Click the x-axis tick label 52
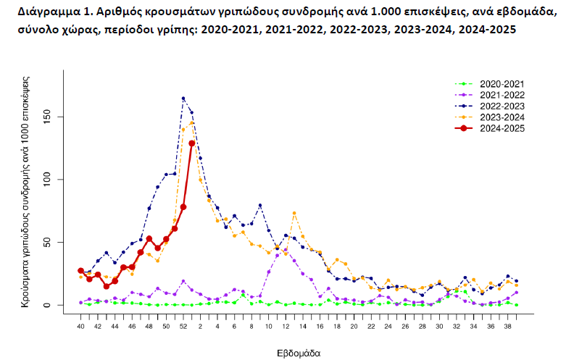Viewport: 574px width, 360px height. (183, 327)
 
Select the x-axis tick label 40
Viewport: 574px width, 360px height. (80, 327)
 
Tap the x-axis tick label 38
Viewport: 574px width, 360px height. (507, 327)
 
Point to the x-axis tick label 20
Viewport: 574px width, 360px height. (354, 327)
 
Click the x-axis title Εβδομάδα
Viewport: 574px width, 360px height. (298, 353)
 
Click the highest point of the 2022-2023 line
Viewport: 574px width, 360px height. (183, 99)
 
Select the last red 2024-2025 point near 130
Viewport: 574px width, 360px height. (192, 143)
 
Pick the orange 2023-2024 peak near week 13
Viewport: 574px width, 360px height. (294, 213)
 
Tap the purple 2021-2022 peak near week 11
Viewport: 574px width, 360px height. (286, 250)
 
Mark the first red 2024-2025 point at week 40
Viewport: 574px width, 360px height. (80, 271)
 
